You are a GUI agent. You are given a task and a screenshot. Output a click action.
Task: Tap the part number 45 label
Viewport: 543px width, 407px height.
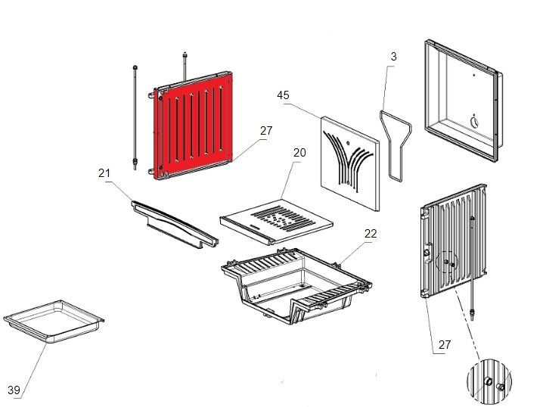pos(284,95)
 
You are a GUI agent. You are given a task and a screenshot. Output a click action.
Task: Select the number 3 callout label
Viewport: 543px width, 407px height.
pos(393,57)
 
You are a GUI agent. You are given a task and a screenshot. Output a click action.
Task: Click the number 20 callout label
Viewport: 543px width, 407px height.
pos(299,153)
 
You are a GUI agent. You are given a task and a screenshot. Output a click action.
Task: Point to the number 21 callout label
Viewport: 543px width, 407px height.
pos(104,173)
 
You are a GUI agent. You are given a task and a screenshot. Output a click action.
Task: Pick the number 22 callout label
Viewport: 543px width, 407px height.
pos(370,234)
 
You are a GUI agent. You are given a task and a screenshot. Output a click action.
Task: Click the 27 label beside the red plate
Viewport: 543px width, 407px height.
pos(265,131)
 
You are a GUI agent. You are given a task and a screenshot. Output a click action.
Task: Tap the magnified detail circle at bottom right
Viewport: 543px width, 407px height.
pos(491,383)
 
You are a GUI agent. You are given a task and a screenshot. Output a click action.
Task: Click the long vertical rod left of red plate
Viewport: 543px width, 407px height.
pos(135,113)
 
